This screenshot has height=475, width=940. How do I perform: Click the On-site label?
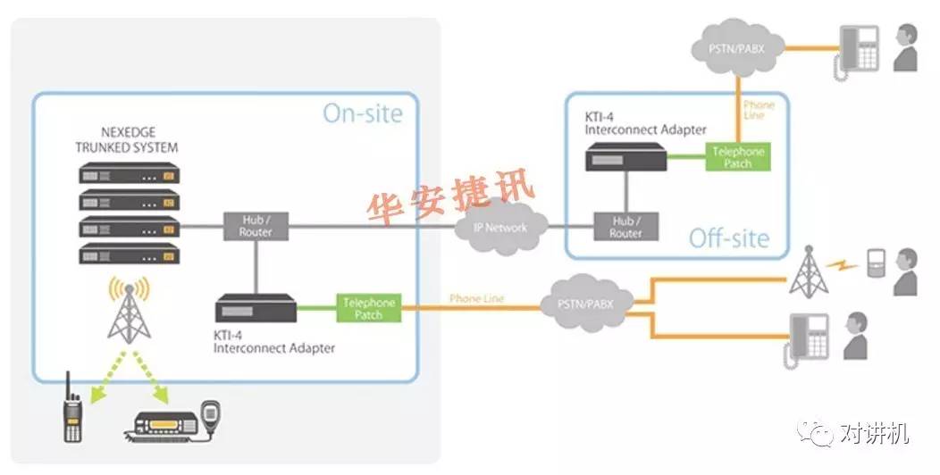pos(362,114)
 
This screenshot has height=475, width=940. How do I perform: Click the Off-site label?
pos(728,238)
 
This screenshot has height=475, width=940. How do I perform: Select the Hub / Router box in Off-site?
pos(625,227)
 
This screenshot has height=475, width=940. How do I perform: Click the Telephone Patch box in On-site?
pos(368,309)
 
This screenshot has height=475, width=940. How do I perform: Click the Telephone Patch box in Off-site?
pos(738,158)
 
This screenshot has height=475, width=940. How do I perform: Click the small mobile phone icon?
pos(876,262)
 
